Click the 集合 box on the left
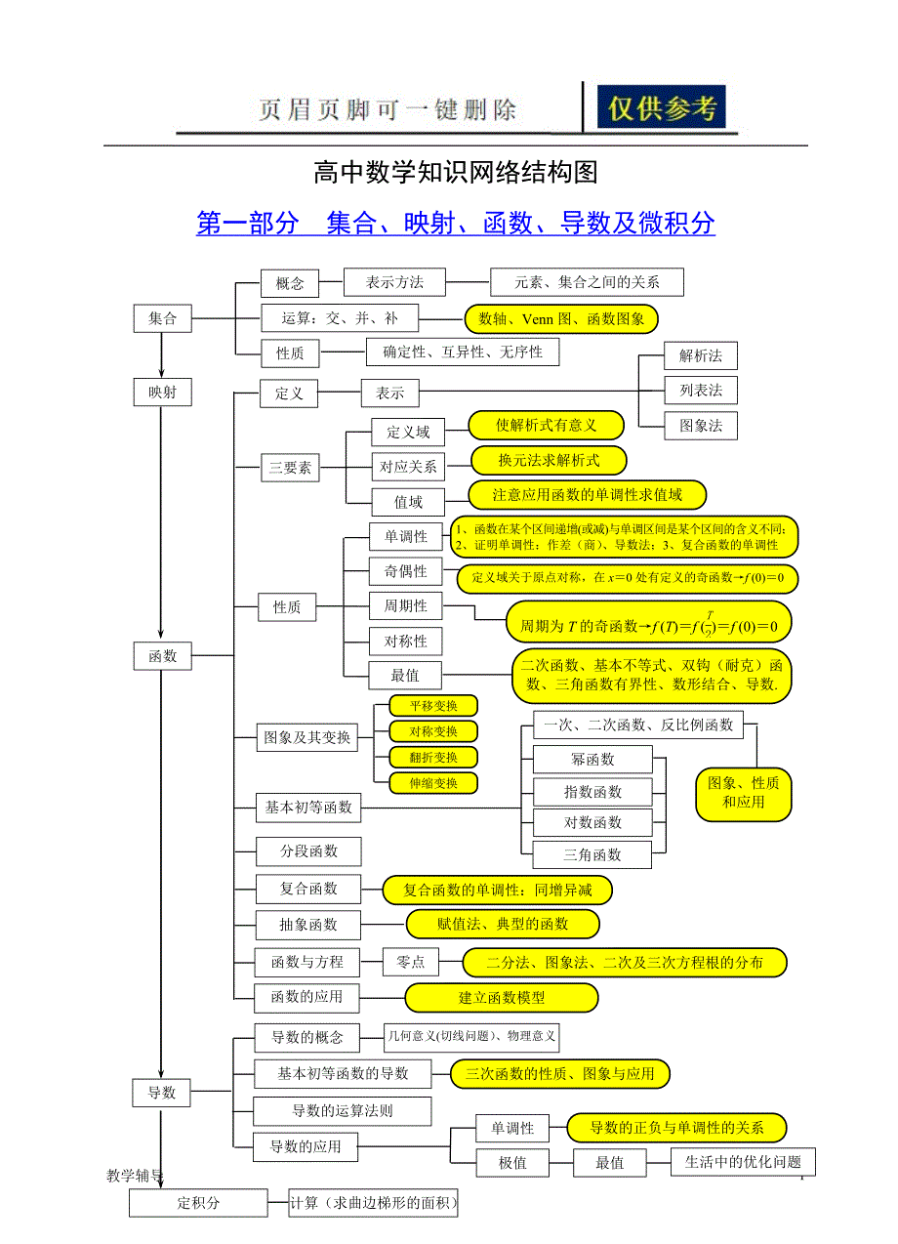tap(162, 318)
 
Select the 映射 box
tap(162, 393)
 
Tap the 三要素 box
tap(290, 468)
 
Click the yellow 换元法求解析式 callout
tap(549, 460)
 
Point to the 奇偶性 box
tap(405, 571)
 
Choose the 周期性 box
tap(405, 606)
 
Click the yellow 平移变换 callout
tap(433, 706)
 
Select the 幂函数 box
tap(592, 759)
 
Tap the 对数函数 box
tap(592, 822)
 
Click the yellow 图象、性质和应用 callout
tap(743, 792)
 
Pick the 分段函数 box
tap(308, 851)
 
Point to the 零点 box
tap(410, 962)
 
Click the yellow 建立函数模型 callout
tap(502, 998)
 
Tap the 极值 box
tap(512, 1162)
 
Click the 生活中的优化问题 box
tap(743, 1161)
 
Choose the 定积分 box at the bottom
tap(198, 1203)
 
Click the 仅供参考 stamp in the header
tap(663, 108)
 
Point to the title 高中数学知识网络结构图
tap(455, 173)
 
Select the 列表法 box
tap(701, 391)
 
